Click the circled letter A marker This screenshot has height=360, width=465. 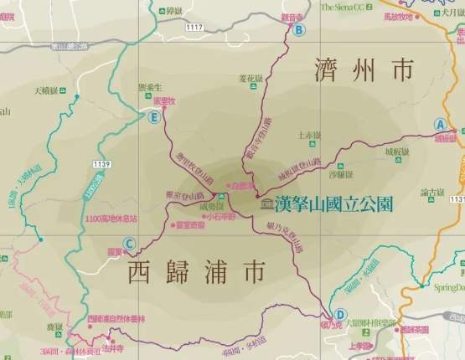[x=439, y=124]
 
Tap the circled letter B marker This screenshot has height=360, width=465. [x=299, y=29]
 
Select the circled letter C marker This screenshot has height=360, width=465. [x=128, y=245]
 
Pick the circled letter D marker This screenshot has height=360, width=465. [x=339, y=315]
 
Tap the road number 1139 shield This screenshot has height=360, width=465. [x=102, y=163]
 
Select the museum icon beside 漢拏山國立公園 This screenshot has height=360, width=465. [x=266, y=203]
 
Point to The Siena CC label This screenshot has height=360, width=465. [x=344, y=8]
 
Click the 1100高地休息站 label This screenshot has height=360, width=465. [x=111, y=219]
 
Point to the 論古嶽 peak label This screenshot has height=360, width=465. [x=432, y=193]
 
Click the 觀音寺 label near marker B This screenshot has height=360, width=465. [x=292, y=17]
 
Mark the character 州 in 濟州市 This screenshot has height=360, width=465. [x=365, y=70]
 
